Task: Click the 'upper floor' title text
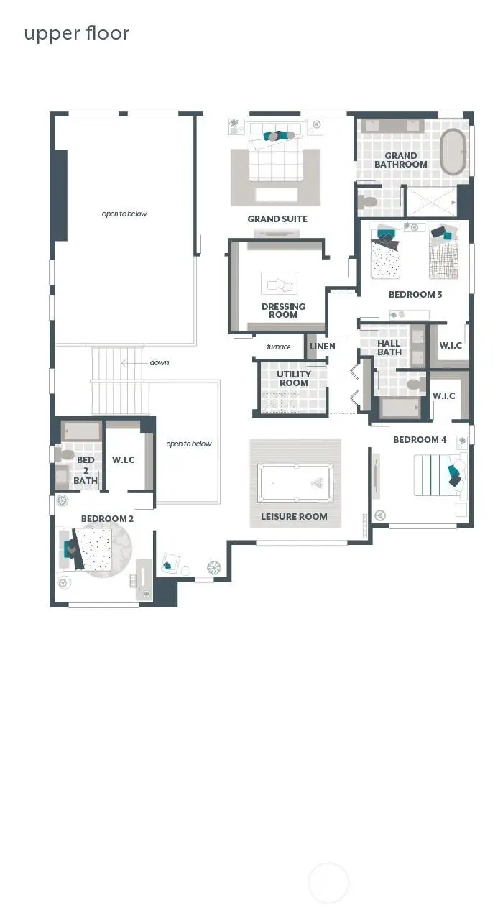coord(77,34)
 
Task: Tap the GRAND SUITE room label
coord(277,219)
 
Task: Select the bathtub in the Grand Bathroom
coord(453,152)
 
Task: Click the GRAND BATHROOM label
coord(400,160)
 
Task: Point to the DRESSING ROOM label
coord(283,311)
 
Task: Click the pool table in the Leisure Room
coord(295,482)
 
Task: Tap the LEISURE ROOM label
coord(294,516)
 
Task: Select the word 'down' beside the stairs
coord(160,362)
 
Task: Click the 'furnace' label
coord(279,347)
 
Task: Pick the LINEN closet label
coord(322,347)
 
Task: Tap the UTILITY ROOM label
coord(294,378)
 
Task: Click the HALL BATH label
coord(389,347)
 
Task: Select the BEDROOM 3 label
coord(415,294)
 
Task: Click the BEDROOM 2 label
coord(107,518)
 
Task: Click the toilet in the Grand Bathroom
coord(369,201)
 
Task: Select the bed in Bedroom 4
coord(435,474)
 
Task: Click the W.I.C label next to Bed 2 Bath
coord(124,459)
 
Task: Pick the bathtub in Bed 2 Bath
coord(81,431)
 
